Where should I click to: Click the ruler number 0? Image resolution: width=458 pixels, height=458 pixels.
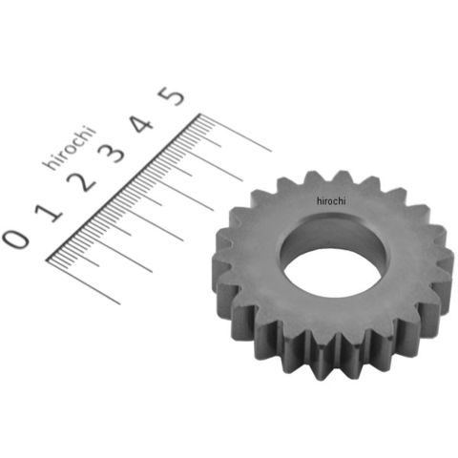click(16, 239)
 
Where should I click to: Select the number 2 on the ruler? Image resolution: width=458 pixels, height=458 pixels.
click(81, 181)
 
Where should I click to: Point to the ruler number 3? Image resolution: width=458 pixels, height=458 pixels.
click(112, 153)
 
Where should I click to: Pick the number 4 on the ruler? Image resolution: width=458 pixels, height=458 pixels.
click(141, 124)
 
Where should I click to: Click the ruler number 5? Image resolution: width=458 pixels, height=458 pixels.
click(172, 96)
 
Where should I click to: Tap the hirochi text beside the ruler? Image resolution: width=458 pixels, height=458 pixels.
click(69, 148)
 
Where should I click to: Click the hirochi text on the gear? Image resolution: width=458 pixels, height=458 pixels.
click(331, 201)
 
